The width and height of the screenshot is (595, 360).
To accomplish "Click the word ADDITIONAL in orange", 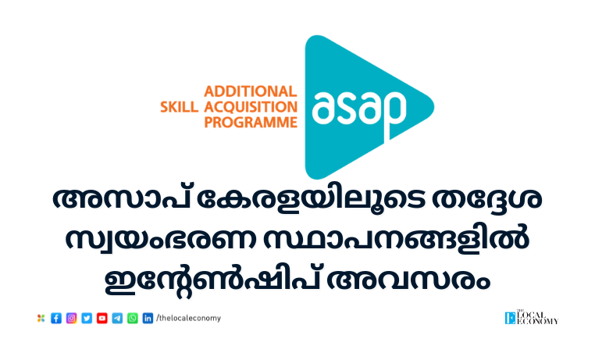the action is pos(251,92).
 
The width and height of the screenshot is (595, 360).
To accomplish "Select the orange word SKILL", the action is pos(179,107).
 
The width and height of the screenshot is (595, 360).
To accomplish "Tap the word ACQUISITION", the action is pos(251,107).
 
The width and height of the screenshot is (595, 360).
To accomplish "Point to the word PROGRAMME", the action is pos(251,123).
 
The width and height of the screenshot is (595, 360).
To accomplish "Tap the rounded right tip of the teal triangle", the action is pos(433,107).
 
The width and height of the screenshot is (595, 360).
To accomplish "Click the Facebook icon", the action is pos(56,319).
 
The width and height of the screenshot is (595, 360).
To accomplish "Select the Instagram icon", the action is pos(71,319).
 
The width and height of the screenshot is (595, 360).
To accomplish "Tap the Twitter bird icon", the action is pos(87,319).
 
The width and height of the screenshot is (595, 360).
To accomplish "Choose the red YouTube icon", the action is pos(102,319).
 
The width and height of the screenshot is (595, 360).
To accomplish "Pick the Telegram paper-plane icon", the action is pos(117,319).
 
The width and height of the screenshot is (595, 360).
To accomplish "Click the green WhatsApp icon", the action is pos(133,319).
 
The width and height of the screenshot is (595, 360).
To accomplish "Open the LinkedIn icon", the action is pos(148,319).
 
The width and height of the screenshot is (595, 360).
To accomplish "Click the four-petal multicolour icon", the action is pos(41,319).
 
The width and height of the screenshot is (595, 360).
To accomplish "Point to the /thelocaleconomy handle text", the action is pos(189,319).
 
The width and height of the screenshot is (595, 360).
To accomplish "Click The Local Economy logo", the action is pos(532,318).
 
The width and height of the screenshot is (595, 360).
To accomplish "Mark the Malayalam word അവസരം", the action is pos(408,280).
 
